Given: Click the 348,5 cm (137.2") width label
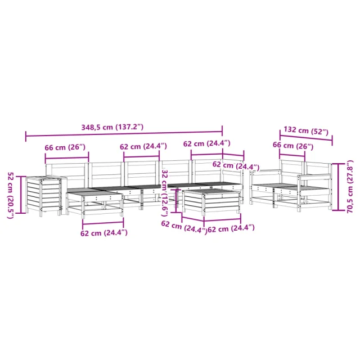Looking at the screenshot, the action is pos(112,127).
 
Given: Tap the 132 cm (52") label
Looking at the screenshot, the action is pos(306,130).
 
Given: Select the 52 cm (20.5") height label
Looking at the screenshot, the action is pos(11,195).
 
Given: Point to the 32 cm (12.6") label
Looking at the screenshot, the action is pos(164,193).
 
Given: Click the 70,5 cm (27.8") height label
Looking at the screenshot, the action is pos(350,186).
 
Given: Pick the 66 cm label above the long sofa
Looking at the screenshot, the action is pos(65,147).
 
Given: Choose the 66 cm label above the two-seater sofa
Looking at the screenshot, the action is pos(293,146).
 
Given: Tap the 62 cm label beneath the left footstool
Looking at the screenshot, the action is pos(103,233).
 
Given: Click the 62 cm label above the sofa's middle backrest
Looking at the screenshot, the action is pos(143,146).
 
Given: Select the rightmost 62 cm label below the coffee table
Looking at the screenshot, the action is pos(231,229).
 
